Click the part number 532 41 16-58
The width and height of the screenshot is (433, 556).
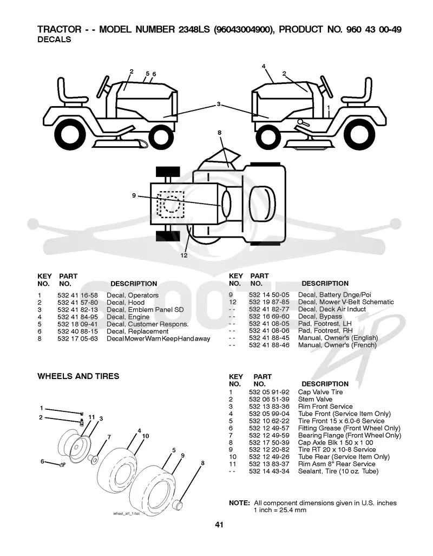(77, 296)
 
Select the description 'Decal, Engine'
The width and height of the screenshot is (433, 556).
(128, 317)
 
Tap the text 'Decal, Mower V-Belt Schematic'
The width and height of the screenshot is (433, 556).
(346, 302)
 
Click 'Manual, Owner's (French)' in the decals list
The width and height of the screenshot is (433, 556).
(337, 345)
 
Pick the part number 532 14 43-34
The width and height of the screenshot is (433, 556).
(269, 471)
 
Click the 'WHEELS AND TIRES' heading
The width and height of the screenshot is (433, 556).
(78, 376)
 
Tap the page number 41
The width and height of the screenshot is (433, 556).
(219, 525)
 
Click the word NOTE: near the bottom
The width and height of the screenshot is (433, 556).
(240, 503)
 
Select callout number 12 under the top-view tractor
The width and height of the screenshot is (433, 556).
(183, 256)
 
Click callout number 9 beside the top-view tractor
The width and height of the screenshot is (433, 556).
(134, 195)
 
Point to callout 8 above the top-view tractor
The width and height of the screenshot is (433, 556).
(220, 133)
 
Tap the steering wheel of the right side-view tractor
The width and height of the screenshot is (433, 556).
(326, 86)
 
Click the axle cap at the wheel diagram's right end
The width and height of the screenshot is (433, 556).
(180, 504)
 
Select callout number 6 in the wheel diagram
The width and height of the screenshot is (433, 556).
(42, 461)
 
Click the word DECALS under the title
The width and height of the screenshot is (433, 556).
(54, 40)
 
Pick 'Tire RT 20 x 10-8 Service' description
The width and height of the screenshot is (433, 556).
(337, 450)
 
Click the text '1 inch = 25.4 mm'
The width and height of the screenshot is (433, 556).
(280, 511)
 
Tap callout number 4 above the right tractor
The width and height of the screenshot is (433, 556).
(264, 66)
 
